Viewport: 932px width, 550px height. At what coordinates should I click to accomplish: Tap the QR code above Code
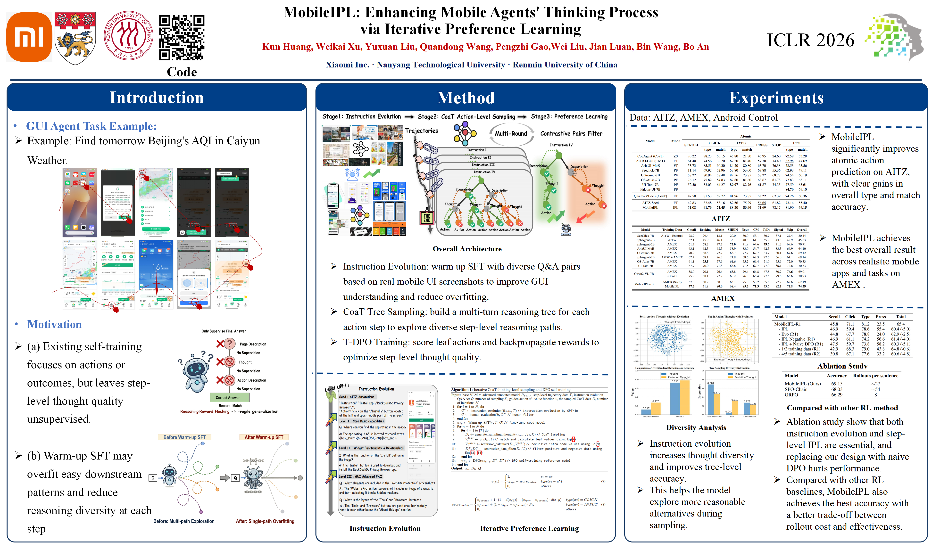[x=182, y=37]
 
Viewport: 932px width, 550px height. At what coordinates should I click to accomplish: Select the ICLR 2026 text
[x=810, y=40]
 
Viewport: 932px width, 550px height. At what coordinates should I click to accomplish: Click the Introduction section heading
[x=157, y=98]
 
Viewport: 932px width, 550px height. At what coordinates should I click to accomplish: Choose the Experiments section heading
[x=776, y=98]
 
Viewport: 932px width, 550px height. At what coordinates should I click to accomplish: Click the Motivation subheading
[x=55, y=324]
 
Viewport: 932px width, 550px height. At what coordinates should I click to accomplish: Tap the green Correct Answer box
[x=228, y=398]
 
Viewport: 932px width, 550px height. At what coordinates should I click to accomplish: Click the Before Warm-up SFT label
[x=184, y=437]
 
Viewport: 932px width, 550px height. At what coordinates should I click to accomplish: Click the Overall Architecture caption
[x=467, y=249]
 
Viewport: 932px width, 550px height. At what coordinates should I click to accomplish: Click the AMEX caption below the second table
[x=723, y=298]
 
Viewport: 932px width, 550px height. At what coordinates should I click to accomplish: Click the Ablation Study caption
[x=842, y=366]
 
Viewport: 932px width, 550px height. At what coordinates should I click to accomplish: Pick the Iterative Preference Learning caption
[x=529, y=528]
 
